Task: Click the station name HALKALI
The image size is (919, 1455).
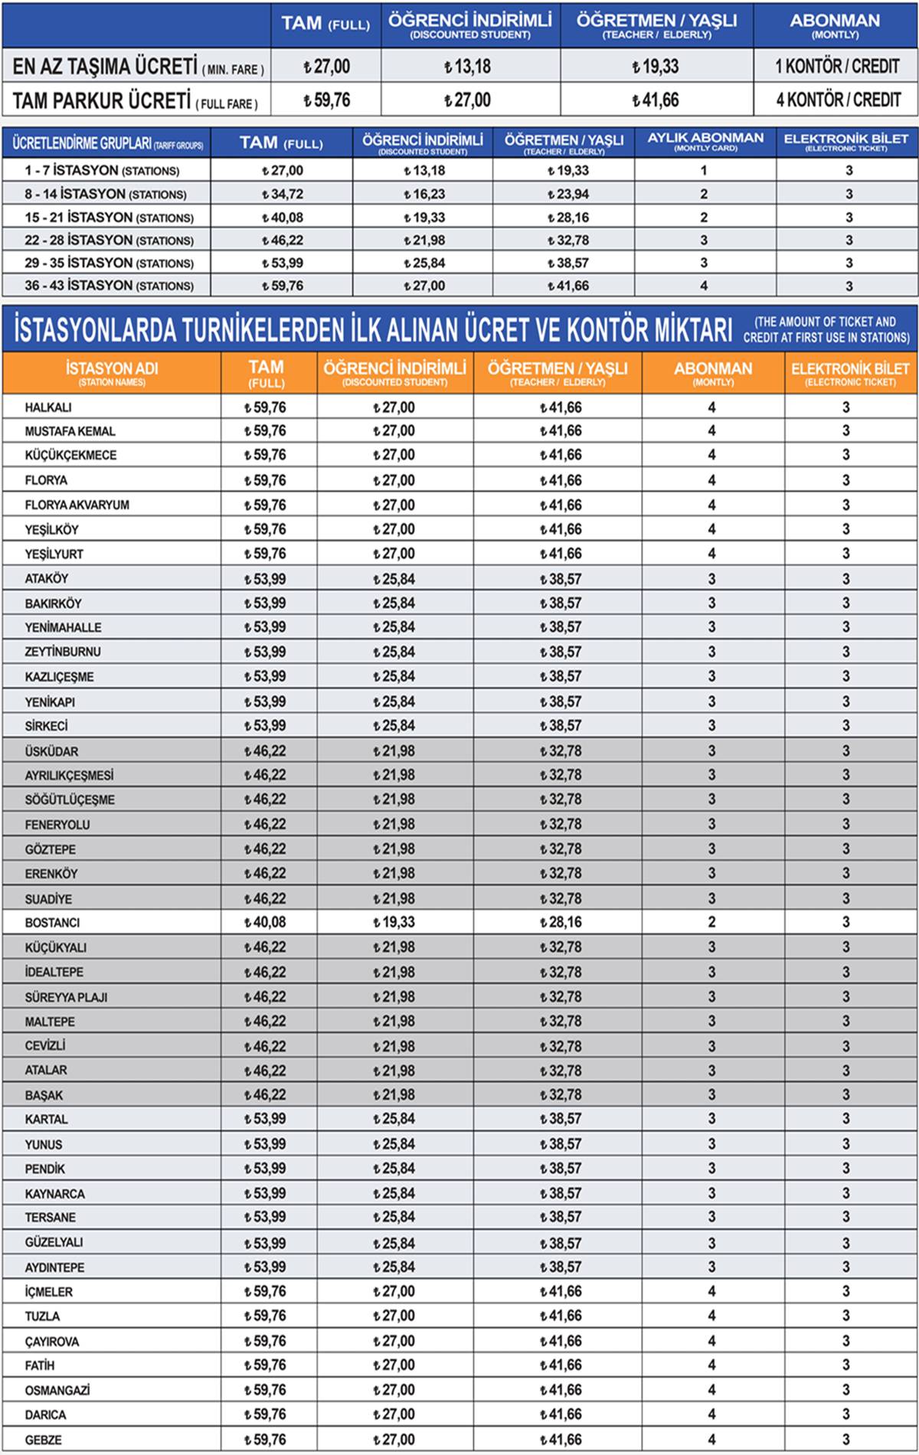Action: (x=48, y=407)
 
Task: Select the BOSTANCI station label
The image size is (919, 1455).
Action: (x=52, y=923)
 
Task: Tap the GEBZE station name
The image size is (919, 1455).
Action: (x=44, y=1440)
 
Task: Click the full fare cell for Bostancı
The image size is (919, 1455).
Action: (x=265, y=922)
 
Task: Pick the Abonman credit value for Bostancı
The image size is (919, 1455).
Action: (x=711, y=922)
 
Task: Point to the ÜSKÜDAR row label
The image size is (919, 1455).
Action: (x=51, y=751)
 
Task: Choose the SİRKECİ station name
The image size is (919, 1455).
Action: (x=46, y=726)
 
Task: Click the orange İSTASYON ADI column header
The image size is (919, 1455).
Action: (x=112, y=372)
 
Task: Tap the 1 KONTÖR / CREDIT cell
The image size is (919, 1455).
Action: (x=836, y=67)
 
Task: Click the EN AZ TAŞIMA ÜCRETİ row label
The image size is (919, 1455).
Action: (x=138, y=67)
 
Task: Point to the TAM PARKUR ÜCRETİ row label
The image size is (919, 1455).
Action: (x=135, y=100)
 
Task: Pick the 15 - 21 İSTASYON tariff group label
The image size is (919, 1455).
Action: (x=109, y=217)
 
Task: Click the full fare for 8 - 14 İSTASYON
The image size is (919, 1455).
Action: (x=282, y=195)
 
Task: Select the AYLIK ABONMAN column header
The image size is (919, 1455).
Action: (x=705, y=141)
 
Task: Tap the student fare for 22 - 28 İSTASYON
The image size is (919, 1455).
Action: (x=424, y=240)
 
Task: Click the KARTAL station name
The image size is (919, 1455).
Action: (x=46, y=1120)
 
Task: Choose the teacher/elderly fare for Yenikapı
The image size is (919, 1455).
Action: (x=561, y=701)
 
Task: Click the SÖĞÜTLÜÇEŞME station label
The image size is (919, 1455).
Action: (x=70, y=799)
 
